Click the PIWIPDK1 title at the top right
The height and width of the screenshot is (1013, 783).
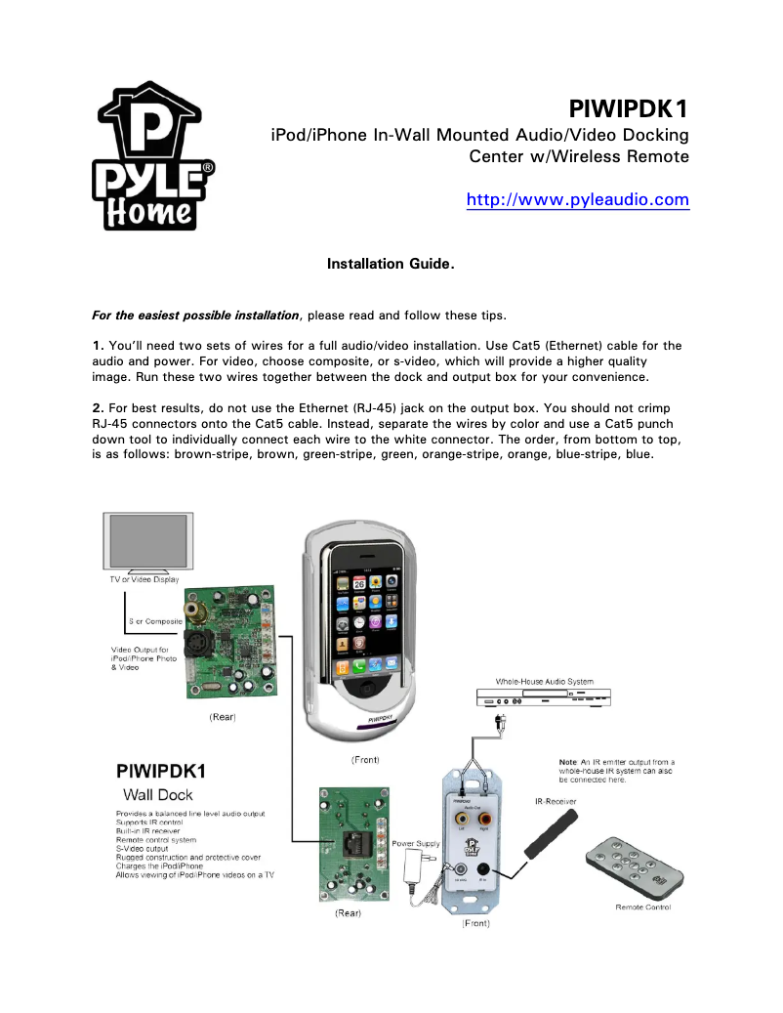coord(629,106)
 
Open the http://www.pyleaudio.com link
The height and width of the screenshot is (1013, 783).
coord(578,200)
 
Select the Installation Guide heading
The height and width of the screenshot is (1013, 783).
coord(391,264)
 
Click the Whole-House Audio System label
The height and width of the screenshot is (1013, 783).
coord(544,681)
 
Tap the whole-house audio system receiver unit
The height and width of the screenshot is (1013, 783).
coord(545,699)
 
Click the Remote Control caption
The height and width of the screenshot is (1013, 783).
coord(642,907)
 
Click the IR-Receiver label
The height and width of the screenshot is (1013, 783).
coord(556,801)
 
